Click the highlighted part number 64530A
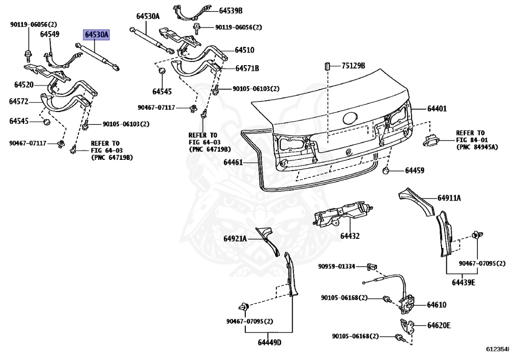pos(97,35)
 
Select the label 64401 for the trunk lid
pos(437,108)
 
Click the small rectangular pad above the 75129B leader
pos(328,66)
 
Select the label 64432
pos(350,236)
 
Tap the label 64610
pos(436,305)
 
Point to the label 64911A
pos(449,198)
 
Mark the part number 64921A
pos(235,238)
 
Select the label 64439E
pos(464,283)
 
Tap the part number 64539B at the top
pos(231,10)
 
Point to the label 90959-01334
pos(336,266)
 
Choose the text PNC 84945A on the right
pos(477,147)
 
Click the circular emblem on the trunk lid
pos(351,119)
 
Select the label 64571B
pos(247,68)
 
